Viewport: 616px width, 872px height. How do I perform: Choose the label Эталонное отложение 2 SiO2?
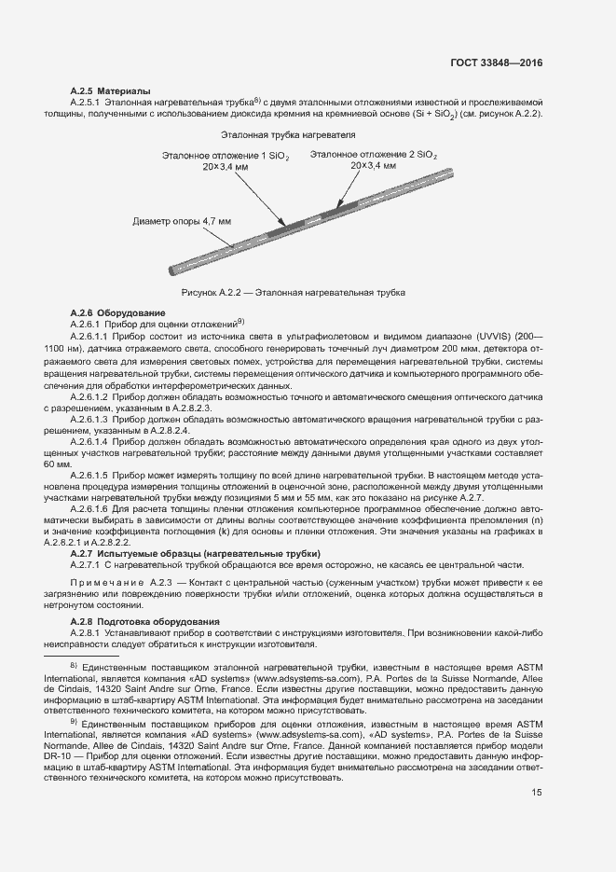374,154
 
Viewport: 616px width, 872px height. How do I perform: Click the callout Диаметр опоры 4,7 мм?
183,221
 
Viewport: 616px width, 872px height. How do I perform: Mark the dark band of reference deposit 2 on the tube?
337,208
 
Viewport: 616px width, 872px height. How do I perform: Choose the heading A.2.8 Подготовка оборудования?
145,621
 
